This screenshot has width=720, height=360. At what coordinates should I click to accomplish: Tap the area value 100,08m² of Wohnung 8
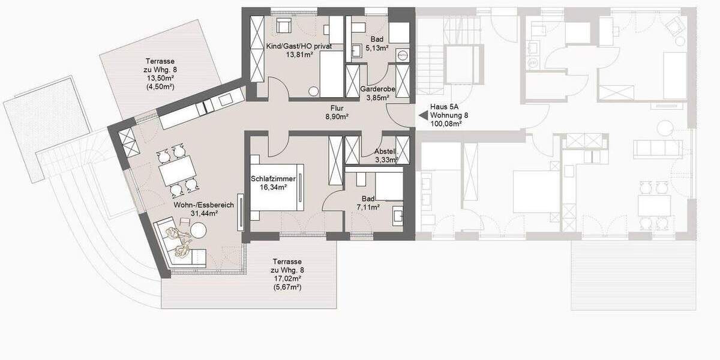point(446,124)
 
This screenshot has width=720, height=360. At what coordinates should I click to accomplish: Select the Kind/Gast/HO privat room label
point(299,46)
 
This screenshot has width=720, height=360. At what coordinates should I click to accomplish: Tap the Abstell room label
point(384,152)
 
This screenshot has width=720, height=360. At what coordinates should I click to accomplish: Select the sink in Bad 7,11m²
point(397,214)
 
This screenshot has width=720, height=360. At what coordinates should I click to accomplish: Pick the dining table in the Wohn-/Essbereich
point(176,171)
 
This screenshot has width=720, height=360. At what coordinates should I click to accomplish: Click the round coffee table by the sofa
point(198,230)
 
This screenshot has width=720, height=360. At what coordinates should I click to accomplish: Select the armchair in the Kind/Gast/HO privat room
point(283,26)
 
